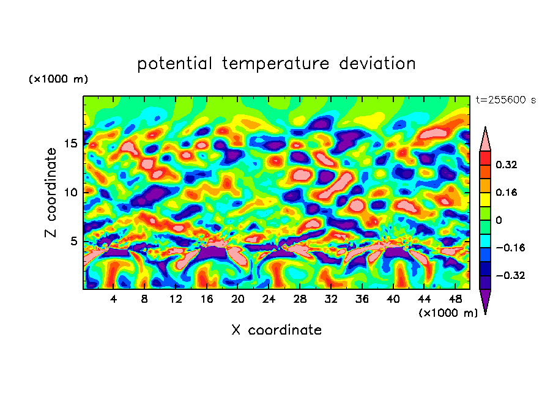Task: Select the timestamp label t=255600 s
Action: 505,100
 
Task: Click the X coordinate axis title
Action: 276,330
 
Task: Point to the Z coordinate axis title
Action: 51,193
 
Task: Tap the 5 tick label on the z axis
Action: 75,241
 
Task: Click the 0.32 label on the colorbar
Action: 507,165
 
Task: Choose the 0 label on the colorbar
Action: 499,220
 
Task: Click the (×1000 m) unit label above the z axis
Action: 58,80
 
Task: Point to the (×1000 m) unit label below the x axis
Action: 448,313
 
